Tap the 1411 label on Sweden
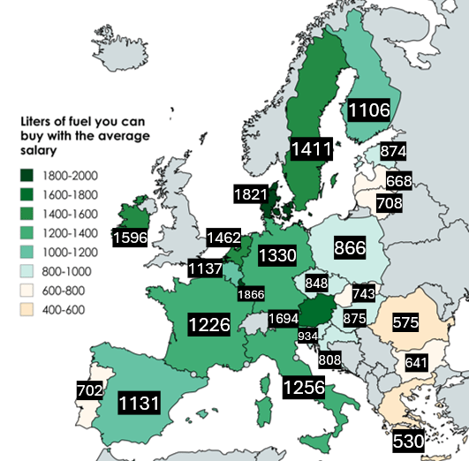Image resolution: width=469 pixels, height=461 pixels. pyautogui.click(x=312, y=147)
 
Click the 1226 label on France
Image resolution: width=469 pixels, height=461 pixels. pyautogui.click(x=209, y=324)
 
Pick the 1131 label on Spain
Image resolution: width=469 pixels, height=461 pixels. pyautogui.click(x=139, y=404)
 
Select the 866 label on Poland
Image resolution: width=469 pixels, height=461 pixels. pyautogui.click(x=351, y=248)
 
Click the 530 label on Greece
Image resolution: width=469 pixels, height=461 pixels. pyautogui.click(x=408, y=440)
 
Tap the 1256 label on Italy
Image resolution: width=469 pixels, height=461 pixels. pyautogui.click(x=303, y=387)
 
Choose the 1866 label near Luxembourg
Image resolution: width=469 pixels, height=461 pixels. pyautogui.click(x=251, y=294)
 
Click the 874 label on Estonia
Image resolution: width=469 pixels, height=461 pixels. pyautogui.click(x=393, y=151)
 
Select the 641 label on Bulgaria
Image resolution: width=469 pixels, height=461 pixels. pyautogui.click(x=416, y=362)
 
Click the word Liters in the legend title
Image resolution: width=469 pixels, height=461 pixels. pyautogui.click(x=40, y=121)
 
